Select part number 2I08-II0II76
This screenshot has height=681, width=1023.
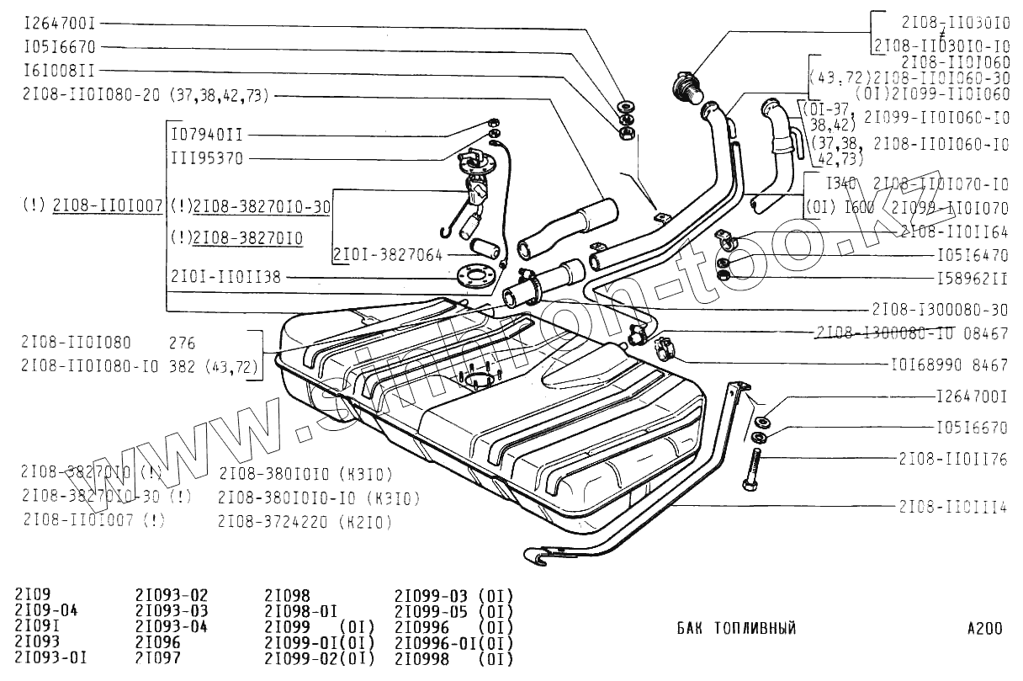952,459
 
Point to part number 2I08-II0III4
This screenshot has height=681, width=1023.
952,506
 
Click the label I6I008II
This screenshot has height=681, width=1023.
59,71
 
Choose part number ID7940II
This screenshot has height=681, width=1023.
206,135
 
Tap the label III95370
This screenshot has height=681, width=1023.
206,158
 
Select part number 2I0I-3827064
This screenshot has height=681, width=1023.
389,253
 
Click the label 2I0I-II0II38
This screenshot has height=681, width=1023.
225,276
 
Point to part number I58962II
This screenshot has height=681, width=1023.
972,278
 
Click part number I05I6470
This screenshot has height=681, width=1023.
972,254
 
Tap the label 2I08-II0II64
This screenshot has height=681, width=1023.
953,231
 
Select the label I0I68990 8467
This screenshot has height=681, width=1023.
948,365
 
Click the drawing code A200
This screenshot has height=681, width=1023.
984,628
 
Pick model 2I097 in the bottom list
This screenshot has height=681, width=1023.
157,658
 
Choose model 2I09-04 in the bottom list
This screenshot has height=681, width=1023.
45,610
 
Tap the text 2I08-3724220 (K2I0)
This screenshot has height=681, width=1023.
305,522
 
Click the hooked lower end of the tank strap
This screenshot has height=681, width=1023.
539,554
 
